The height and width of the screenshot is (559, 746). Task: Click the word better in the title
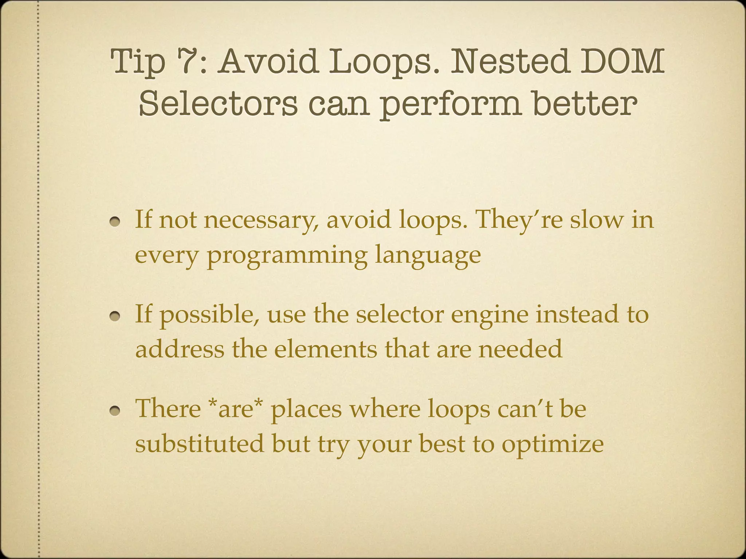(x=585, y=104)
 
